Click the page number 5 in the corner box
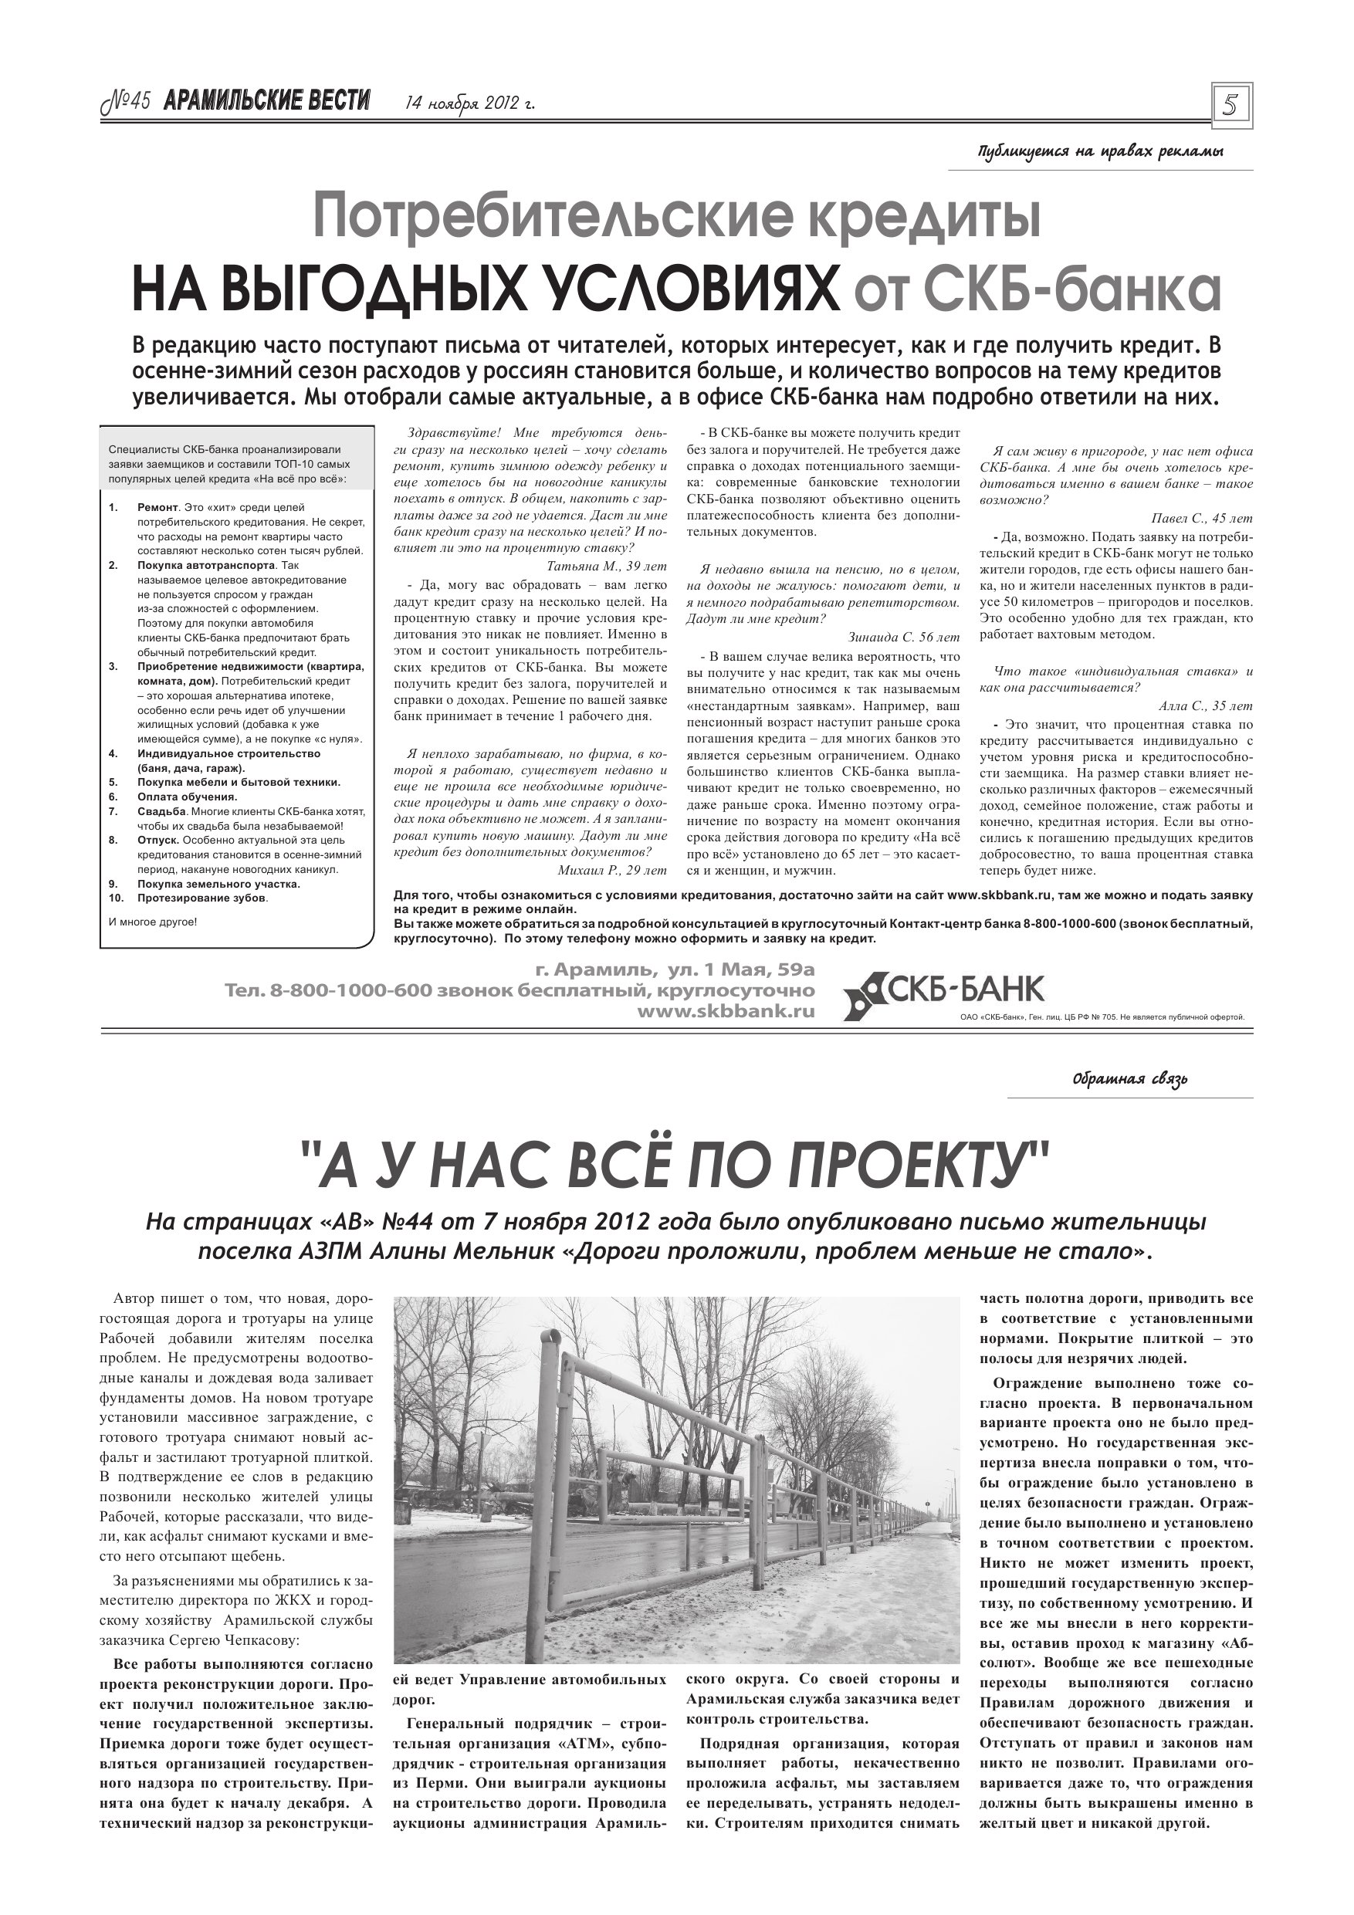pyautogui.click(x=1230, y=105)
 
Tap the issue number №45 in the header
pyautogui.click(x=125, y=102)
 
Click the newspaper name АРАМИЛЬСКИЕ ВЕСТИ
pyautogui.click(x=266, y=102)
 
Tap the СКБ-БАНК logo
pyautogui.click(x=943, y=993)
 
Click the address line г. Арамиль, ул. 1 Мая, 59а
pyautogui.click(x=675, y=970)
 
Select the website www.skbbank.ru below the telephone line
pyautogui.click(x=725, y=1011)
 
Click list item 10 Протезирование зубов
pyautogui.click(x=203, y=898)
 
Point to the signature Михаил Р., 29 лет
pyautogui.click(x=611, y=869)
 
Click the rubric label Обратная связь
pyautogui.click(x=1129, y=1079)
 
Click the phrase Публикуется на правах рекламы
pyautogui.click(x=1100, y=153)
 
